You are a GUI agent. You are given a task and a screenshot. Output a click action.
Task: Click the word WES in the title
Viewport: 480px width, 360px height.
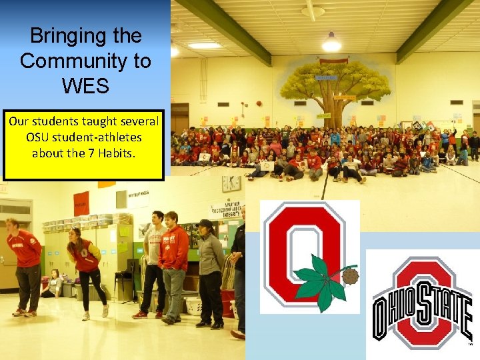[85, 87]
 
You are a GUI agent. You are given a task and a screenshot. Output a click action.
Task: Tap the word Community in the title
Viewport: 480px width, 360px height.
[85, 61]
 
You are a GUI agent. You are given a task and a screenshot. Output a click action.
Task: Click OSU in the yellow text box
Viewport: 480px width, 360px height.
[41, 137]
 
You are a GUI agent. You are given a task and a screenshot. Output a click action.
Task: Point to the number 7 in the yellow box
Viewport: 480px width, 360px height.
[99, 152]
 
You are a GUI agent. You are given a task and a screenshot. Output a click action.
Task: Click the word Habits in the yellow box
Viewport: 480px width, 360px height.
[121, 152]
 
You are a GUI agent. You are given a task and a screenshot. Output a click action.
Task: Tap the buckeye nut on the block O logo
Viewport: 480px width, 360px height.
[350, 275]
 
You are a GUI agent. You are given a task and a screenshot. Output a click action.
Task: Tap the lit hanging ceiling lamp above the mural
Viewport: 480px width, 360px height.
[331, 45]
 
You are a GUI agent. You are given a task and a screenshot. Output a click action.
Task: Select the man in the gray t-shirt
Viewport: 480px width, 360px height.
[153, 263]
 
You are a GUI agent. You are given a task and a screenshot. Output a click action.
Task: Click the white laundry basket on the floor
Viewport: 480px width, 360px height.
[193, 305]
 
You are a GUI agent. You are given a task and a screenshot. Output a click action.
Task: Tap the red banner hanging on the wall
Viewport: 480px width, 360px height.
[81, 203]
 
